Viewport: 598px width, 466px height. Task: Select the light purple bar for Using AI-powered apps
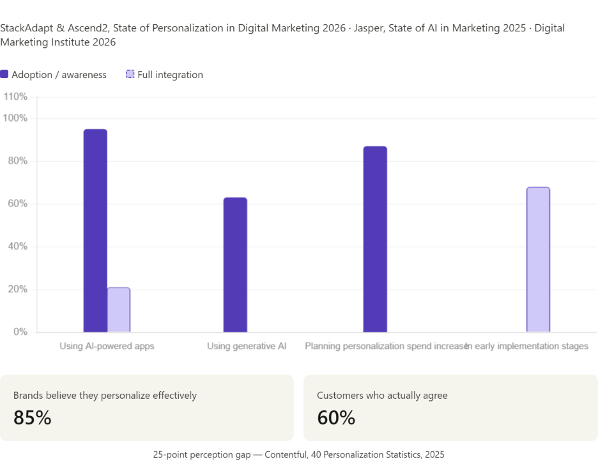tap(119, 310)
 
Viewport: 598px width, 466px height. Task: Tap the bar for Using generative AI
tap(235, 265)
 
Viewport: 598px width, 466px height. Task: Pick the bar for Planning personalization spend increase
tap(375, 239)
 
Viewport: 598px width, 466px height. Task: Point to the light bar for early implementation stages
tap(538, 260)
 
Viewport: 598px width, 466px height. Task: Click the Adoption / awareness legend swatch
tap(4, 74)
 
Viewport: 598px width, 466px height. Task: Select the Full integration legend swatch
tap(130, 74)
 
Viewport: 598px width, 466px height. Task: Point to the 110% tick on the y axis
tap(15, 97)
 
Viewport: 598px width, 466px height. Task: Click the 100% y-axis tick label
tap(15, 118)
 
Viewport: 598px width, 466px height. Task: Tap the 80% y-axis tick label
tap(17, 161)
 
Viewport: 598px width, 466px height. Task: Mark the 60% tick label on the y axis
tap(17, 204)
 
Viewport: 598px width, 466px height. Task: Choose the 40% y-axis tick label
tap(17, 247)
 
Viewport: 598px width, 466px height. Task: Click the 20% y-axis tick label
tap(17, 290)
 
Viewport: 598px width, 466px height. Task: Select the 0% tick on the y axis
tap(20, 332)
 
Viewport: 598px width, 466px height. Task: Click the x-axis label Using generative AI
tap(247, 346)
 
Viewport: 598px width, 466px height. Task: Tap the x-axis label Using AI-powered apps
tap(107, 346)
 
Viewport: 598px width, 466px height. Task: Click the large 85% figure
tap(32, 417)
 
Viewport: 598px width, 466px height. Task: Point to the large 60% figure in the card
tap(336, 417)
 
